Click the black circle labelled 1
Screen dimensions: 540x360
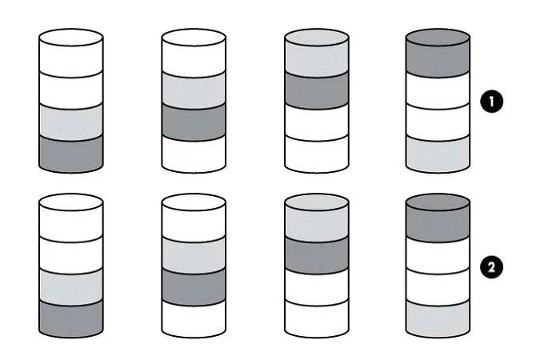click(491, 102)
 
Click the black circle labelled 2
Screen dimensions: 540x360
click(491, 267)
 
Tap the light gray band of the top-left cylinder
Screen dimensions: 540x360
click(71, 122)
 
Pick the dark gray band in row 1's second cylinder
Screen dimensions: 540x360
click(194, 122)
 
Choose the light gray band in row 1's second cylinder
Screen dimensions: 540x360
click(194, 90)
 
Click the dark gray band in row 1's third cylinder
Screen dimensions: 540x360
click(317, 90)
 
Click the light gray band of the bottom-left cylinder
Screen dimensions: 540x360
click(71, 287)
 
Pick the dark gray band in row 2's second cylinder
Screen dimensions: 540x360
click(194, 287)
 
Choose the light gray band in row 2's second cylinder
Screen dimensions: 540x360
click(194, 256)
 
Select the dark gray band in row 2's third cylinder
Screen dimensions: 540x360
click(317, 256)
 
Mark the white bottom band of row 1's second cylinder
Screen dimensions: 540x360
click(194, 155)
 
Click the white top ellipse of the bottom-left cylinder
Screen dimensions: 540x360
click(71, 202)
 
